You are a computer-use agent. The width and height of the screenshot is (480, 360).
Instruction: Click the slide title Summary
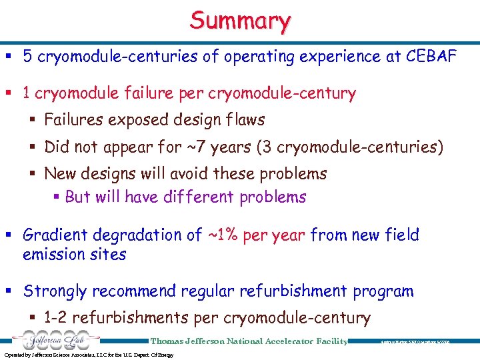tap(240, 21)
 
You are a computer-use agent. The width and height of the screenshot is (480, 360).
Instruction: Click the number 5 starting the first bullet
tap(27, 57)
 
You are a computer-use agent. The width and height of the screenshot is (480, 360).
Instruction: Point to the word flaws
tap(243, 120)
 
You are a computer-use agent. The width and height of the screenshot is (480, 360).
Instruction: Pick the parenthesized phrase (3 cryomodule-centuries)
tap(347, 147)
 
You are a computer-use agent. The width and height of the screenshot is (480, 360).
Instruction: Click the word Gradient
tap(53, 235)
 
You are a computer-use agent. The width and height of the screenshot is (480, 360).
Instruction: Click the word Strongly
tap(55, 291)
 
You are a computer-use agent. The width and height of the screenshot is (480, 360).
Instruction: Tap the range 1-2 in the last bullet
tap(55, 318)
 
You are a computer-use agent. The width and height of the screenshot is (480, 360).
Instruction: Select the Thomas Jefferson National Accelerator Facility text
tap(249, 341)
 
